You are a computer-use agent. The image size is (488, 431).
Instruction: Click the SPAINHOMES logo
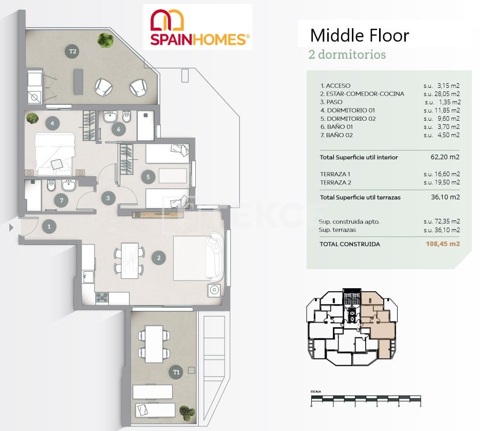pyautogui.click(x=198, y=27)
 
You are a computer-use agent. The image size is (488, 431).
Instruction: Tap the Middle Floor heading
pyautogui.click(x=359, y=35)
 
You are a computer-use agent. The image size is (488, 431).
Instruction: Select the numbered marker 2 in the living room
pyautogui.click(x=159, y=258)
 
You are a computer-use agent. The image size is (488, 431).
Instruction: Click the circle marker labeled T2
pyautogui.click(x=73, y=51)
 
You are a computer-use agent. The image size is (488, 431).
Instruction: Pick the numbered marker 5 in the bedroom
pyautogui.click(x=148, y=177)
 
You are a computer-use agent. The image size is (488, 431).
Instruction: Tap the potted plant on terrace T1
pyautogui.click(x=187, y=411)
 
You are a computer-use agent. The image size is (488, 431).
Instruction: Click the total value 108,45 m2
pyautogui.click(x=442, y=244)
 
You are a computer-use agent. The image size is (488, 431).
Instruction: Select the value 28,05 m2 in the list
pyautogui.click(x=441, y=94)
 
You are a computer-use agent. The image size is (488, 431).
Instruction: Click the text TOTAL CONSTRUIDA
pyautogui.click(x=350, y=244)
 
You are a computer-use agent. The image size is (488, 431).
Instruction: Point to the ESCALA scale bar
pyautogui.click(x=366, y=398)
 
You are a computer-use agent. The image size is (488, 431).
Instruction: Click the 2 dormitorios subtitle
pyautogui.click(x=347, y=54)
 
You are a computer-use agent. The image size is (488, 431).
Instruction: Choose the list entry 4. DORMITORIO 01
pyautogui.click(x=347, y=110)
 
